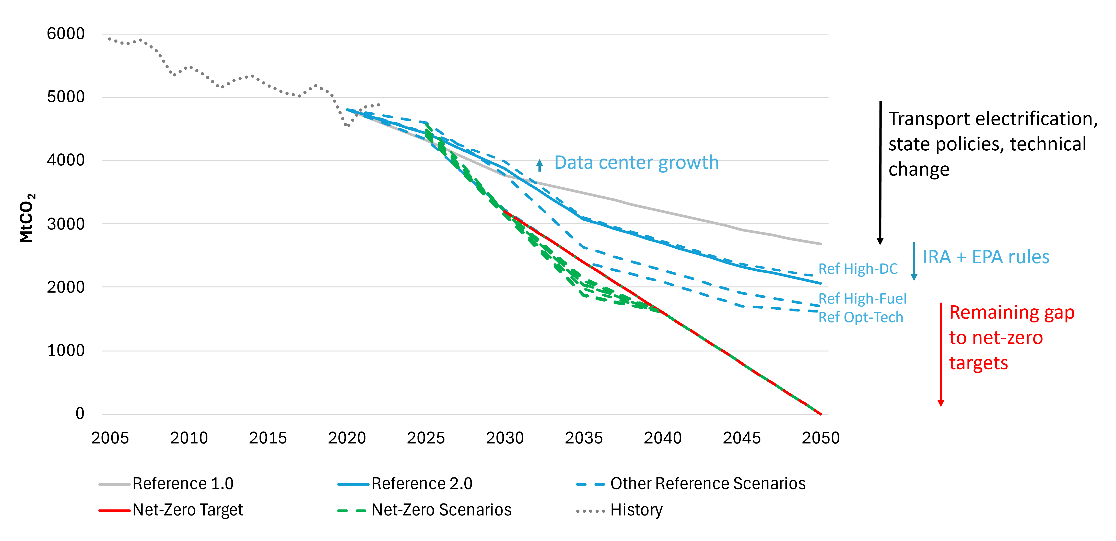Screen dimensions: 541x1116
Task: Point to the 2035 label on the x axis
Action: point(584,438)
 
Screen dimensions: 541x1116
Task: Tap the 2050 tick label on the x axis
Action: point(820,438)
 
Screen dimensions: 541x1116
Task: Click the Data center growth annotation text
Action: point(636,163)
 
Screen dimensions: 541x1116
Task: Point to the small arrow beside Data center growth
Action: point(539,165)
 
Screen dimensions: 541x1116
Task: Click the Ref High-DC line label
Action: point(858,269)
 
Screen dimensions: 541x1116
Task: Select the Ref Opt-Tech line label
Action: point(860,318)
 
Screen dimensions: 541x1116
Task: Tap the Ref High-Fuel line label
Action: point(862,299)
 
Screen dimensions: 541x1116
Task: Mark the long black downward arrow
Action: point(880,173)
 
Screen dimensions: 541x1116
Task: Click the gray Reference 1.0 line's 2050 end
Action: point(820,244)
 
